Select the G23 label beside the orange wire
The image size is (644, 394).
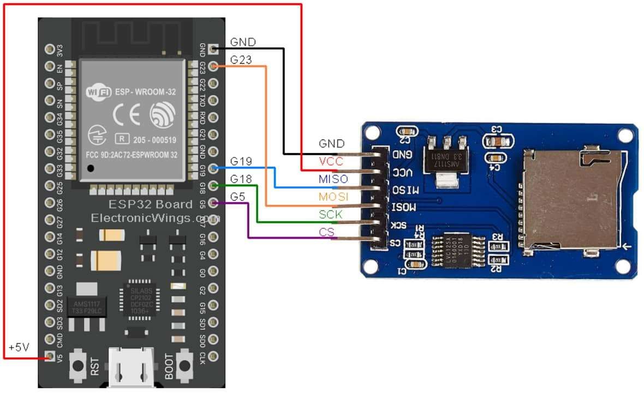click(241, 60)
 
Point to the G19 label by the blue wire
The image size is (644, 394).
click(241, 161)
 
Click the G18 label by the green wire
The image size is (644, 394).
click(241, 179)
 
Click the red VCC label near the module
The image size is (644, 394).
click(331, 161)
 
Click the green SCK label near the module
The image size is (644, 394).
click(330, 214)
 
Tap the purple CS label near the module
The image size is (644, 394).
click(326, 233)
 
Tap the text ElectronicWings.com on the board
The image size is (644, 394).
click(154, 217)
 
